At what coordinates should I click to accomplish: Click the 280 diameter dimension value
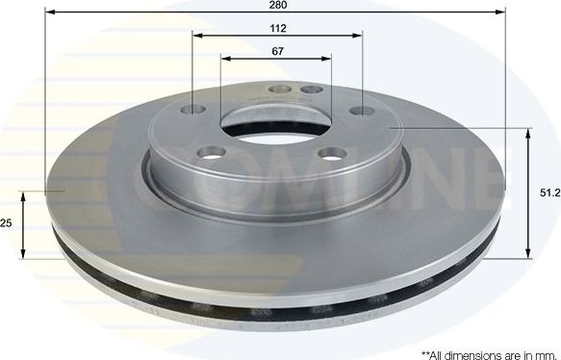pos(277,6)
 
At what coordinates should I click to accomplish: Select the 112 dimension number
pos(277,28)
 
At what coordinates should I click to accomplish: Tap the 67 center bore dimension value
pos(277,51)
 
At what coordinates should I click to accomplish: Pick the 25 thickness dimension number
pos(6,223)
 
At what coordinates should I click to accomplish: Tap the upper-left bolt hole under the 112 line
pos(197,109)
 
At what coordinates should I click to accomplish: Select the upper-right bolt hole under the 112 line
pos(361,112)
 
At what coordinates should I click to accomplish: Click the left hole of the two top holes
pos(280,90)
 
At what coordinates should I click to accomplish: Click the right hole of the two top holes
pos(310,90)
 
